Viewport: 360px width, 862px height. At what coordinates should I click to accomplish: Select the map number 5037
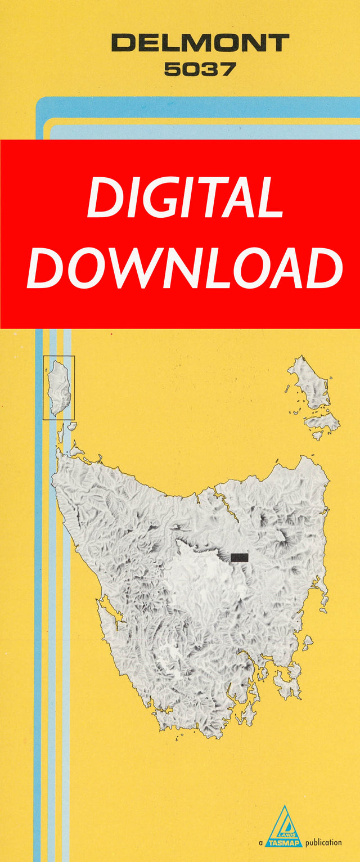coord(200,69)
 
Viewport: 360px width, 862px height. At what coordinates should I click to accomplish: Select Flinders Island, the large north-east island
coord(309,383)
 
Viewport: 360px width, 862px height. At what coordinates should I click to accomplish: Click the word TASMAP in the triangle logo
coord(284,842)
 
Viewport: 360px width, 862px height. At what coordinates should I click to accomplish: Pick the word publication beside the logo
coord(323,842)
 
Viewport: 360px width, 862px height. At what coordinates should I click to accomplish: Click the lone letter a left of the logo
coord(260,843)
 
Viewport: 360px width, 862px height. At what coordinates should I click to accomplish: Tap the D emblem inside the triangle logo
coord(285,826)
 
